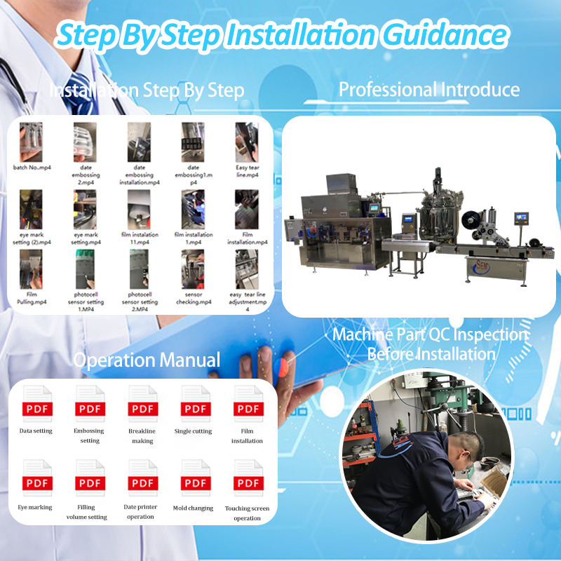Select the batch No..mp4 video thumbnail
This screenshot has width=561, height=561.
point(32,142)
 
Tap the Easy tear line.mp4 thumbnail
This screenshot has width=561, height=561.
point(247,142)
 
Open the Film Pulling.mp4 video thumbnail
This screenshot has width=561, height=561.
point(32,269)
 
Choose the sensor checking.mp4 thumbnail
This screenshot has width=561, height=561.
point(193,269)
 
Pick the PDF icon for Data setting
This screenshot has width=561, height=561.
point(36,404)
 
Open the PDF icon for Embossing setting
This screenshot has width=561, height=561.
point(90,404)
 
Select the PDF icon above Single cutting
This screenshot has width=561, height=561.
point(195,404)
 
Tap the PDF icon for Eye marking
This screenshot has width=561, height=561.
point(36,478)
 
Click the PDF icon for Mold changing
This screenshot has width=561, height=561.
point(195,478)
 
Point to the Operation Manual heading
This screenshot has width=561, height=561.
point(147,360)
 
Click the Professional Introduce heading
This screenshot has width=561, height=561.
point(429,90)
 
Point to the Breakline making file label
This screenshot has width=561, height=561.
point(142,436)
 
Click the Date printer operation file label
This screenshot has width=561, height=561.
point(141,511)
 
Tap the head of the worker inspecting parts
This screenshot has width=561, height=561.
point(466,445)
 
